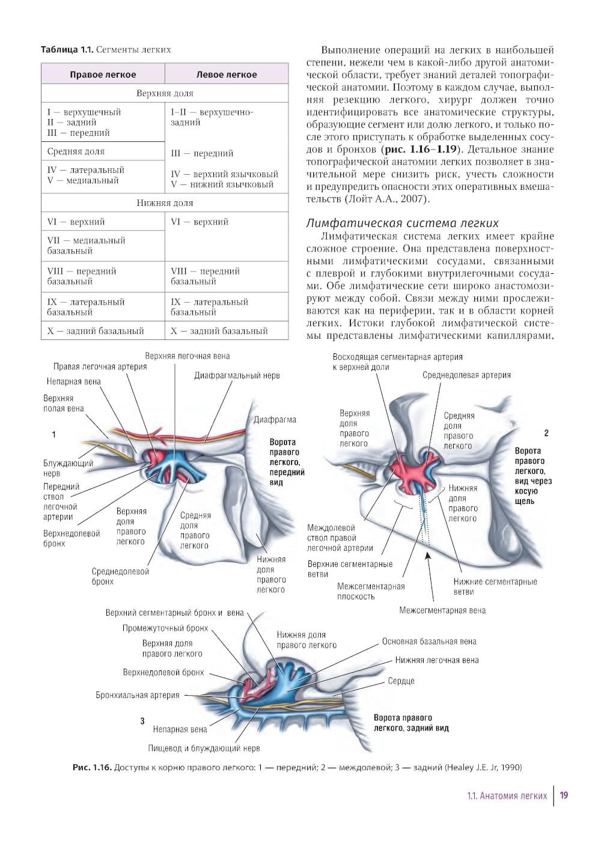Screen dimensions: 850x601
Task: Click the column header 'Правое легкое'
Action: (103, 74)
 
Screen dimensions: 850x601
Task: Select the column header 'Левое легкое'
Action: (227, 74)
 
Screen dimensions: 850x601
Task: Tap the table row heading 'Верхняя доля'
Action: (165, 93)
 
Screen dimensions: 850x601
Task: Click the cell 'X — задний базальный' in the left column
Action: (96, 330)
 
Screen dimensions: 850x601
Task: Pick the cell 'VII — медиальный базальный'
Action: (86, 245)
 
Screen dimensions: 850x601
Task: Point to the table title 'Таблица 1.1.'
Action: (67, 49)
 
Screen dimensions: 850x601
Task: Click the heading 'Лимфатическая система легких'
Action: (402, 223)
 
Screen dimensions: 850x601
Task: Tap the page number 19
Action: (564, 795)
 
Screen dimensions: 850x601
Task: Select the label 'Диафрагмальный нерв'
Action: (237, 375)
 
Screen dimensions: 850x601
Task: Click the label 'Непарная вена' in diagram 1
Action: (74, 381)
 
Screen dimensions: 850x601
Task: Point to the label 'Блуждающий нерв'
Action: (68, 468)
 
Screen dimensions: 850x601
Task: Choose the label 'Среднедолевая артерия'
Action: (466, 375)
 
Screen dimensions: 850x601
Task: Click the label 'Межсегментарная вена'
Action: (442, 610)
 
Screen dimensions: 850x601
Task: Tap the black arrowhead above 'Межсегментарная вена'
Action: (428, 556)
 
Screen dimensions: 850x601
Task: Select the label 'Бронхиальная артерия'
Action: (137, 695)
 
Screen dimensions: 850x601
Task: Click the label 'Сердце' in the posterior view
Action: (401, 681)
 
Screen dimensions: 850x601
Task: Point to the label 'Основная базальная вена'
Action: (429, 642)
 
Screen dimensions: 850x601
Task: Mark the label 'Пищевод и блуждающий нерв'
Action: (204, 748)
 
